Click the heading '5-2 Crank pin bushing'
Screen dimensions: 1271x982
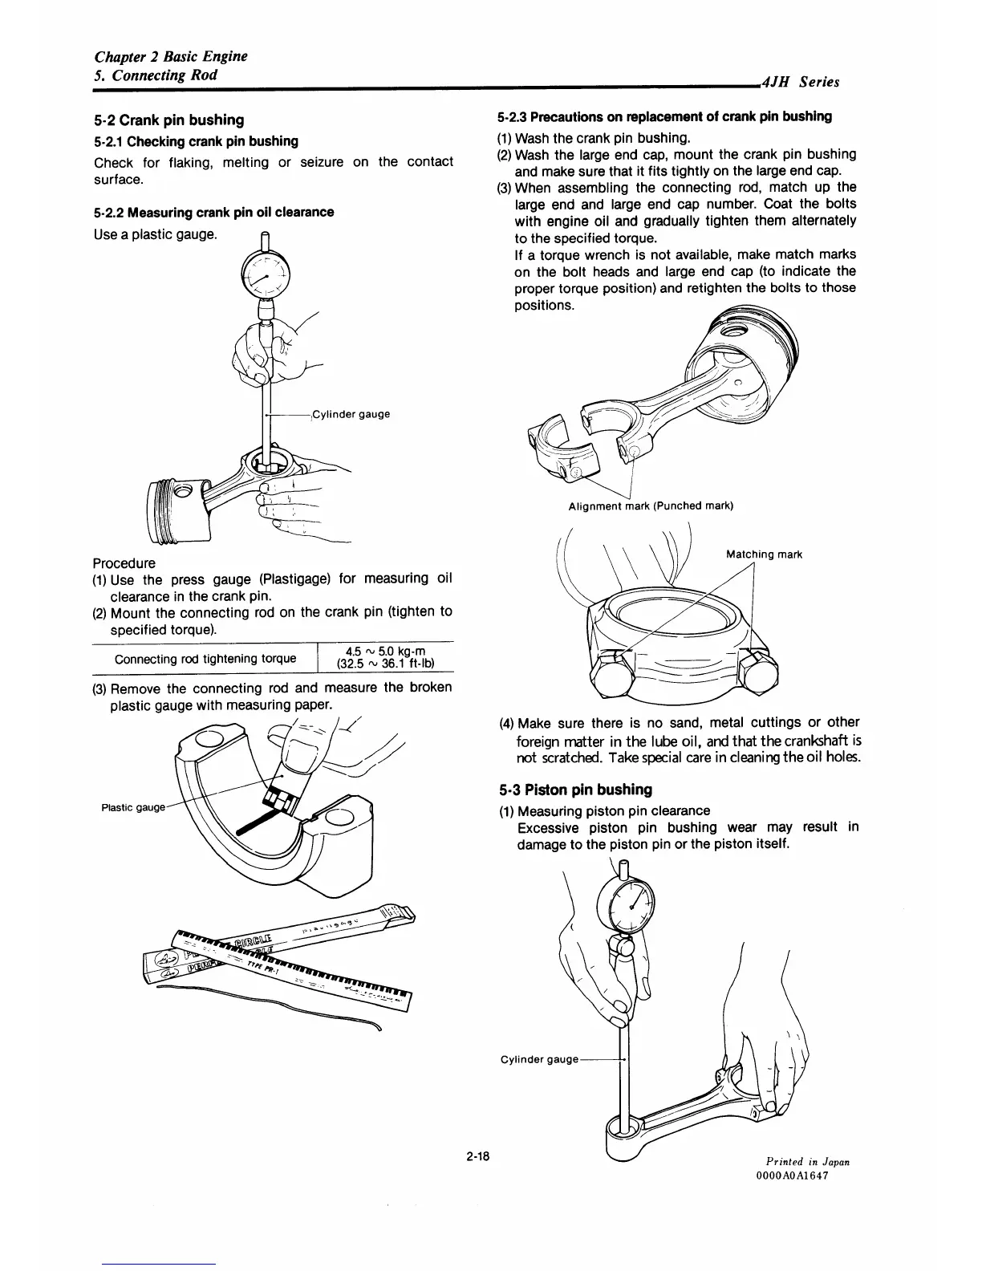(169, 120)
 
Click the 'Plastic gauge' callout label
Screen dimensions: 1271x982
(132, 807)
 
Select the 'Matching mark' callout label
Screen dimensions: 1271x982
(764, 554)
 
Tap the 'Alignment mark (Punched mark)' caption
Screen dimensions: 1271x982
(651, 506)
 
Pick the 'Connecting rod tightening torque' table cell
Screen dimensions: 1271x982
(205, 660)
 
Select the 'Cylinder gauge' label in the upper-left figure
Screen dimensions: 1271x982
(351, 414)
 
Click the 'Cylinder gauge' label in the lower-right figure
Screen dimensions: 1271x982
(539, 1059)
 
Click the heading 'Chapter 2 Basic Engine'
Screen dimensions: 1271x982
(171, 56)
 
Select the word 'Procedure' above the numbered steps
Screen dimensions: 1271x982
(124, 563)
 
